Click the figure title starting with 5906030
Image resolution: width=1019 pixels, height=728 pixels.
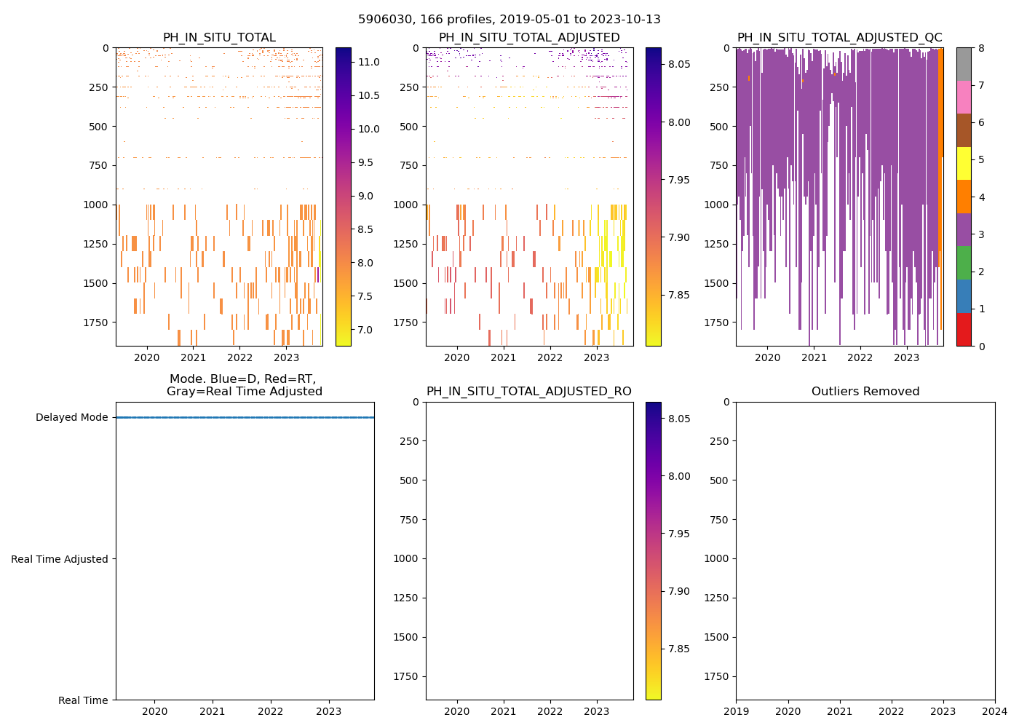pyautogui.click(x=509, y=20)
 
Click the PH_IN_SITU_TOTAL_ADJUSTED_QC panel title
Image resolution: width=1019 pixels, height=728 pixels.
pyautogui.click(x=839, y=38)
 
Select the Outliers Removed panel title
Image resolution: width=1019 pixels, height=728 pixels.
pyautogui.click(x=865, y=392)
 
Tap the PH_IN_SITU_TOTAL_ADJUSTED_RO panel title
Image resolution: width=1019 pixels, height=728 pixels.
pyautogui.click(x=528, y=392)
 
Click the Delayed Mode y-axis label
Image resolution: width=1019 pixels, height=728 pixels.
pyautogui.click(x=71, y=418)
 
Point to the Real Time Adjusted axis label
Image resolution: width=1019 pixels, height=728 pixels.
pyautogui.click(x=59, y=559)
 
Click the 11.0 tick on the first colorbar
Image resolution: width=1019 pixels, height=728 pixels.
pyautogui.click(x=368, y=63)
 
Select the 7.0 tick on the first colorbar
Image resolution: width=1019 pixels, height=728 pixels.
pyautogui.click(x=365, y=330)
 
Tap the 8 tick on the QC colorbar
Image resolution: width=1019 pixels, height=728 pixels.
pyautogui.click(x=981, y=48)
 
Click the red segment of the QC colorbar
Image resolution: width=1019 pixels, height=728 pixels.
pyautogui.click(x=963, y=329)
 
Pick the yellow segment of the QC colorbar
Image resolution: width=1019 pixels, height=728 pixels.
pyautogui.click(x=963, y=163)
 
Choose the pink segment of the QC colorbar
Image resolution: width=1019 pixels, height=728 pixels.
pyautogui.click(x=963, y=97)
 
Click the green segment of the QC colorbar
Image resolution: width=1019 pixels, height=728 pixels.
pyautogui.click(x=963, y=263)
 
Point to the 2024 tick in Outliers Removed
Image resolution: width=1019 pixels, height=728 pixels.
pyautogui.click(x=995, y=711)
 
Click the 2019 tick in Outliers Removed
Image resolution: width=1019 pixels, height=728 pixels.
pyautogui.click(x=736, y=711)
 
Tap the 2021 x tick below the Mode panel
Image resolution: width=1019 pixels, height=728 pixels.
pyautogui.click(x=213, y=711)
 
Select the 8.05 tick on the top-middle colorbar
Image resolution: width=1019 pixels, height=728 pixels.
pyautogui.click(x=679, y=64)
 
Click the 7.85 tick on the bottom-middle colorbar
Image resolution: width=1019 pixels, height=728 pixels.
pyautogui.click(x=679, y=649)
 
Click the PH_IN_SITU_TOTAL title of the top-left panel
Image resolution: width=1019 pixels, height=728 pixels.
pyautogui.click(x=219, y=38)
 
